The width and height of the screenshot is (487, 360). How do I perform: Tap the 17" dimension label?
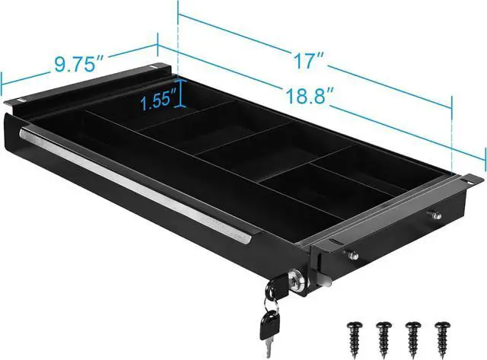[309, 60]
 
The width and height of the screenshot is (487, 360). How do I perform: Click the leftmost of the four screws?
[355, 339]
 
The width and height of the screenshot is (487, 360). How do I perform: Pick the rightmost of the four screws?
[443, 339]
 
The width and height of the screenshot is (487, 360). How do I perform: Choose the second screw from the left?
[384, 339]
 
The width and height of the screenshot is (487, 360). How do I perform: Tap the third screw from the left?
[413, 339]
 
